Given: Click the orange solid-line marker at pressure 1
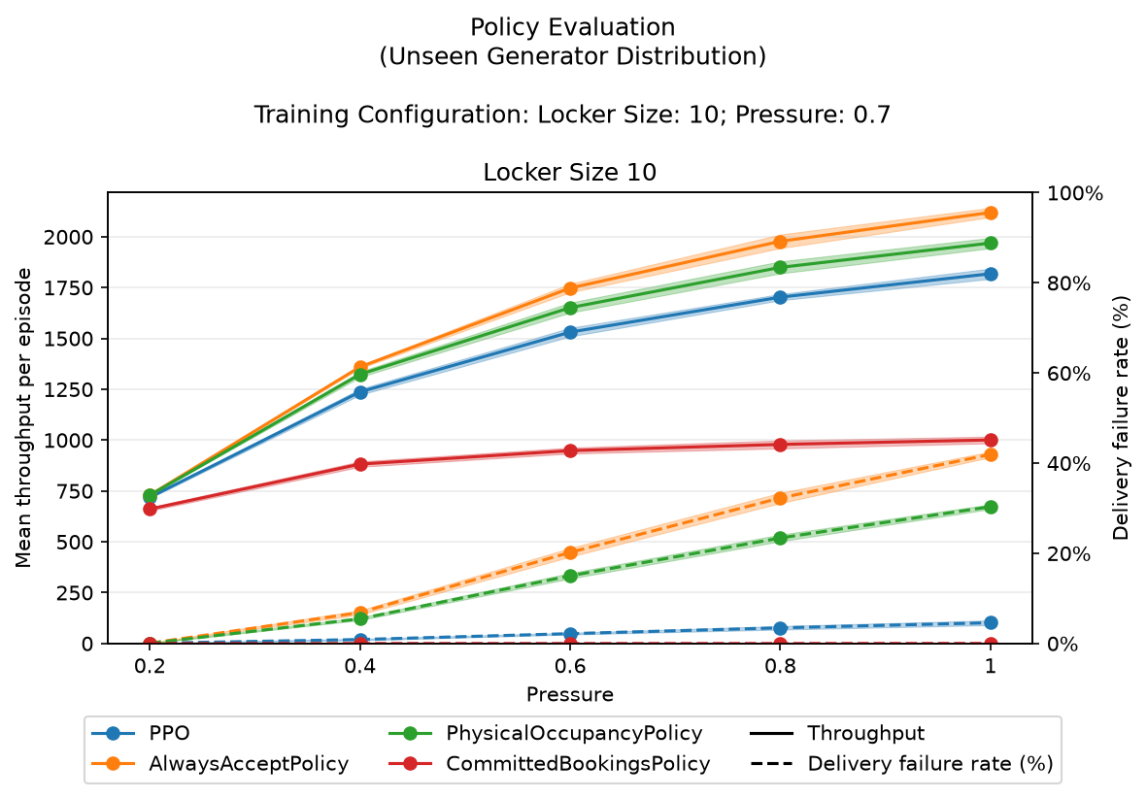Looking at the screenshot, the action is [x=992, y=213].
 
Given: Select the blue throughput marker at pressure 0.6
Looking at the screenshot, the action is [x=570, y=332].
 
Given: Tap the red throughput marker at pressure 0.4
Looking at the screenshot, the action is [x=360, y=464].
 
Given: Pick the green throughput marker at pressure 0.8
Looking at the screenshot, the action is [x=781, y=267].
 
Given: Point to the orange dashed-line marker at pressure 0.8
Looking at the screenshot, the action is [x=781, y=498].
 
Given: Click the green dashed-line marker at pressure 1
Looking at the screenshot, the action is [x=992, y=507].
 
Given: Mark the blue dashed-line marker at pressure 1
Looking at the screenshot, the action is [x=992, y=622].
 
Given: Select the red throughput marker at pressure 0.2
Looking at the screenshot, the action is [x=150, y=509].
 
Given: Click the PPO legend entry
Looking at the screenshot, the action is [x=141, y=733].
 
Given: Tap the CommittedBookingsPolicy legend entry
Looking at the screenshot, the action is [x=549, y=764].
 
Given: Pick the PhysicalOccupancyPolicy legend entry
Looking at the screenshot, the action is [x=545, y=733].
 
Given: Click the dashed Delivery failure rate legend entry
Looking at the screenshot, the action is [x=902, y=764].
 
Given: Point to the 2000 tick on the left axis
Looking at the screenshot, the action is [x=69, y=237].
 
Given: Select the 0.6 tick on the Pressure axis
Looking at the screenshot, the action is [x=570, y=666].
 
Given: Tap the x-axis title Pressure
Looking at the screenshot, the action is [x=570, y=694].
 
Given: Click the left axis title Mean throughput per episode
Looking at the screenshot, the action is [x=23, y=417].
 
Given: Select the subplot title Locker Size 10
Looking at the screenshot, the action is [x=570, y=173].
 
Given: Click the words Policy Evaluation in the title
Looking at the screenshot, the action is [x=573, y=27].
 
